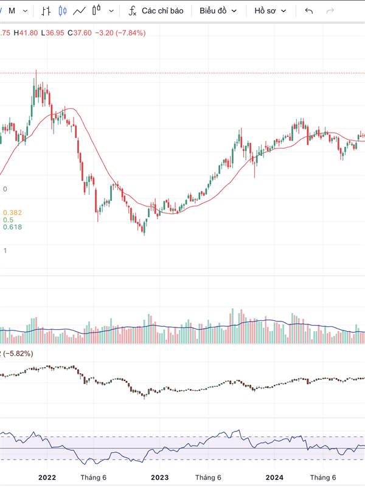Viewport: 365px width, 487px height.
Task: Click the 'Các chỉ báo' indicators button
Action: click(162, 11)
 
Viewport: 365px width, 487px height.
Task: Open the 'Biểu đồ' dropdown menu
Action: click(218, 11)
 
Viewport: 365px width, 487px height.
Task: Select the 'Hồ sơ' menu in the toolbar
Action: click(270, 11)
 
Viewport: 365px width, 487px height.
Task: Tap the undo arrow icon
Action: click(309, 11)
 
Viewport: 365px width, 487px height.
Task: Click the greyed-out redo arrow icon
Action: click(330, 11)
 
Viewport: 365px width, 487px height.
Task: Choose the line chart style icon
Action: click(79, 11)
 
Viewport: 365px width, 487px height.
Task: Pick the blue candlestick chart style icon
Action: click(62, 11)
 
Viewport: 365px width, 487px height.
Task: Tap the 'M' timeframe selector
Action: click(12, 11)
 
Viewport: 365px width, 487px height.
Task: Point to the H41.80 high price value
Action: click(26, 33)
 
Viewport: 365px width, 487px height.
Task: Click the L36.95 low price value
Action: click(53, 33)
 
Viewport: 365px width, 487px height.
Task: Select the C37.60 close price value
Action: click(80, 33)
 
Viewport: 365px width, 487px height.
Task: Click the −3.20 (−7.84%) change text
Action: click(120, 33)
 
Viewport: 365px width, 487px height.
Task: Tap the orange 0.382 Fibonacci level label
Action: click(12, 212)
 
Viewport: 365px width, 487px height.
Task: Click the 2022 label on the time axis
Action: click(47, 478)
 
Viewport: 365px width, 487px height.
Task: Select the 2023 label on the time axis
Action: click(159, 478)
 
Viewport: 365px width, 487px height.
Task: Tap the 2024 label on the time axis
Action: click(275, 478)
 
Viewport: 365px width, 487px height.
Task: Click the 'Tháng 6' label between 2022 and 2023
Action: click(94, 478)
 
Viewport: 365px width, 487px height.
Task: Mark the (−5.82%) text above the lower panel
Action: click(18, 354)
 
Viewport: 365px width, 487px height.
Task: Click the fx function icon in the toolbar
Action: click(132, 11)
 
